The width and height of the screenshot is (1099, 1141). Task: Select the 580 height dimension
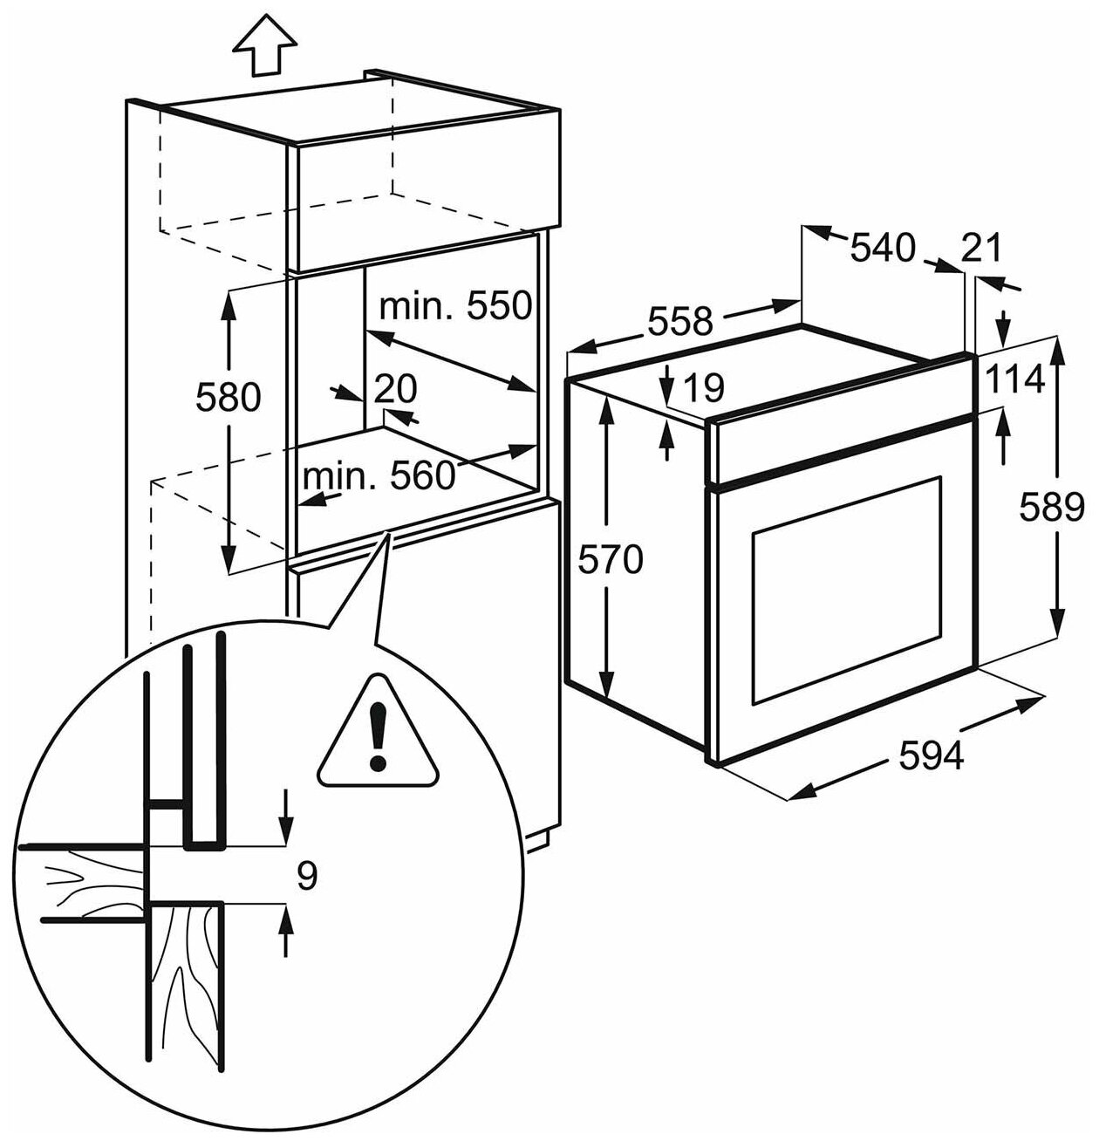click(228, 397)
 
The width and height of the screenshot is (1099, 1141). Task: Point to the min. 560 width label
click(379, 475)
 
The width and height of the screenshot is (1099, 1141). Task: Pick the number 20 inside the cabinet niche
click(395, 388)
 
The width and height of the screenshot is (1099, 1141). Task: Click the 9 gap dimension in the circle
click(305, 875)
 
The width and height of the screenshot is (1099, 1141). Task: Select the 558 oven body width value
click(679, 321)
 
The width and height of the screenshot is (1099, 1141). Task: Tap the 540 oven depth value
click(883, 248)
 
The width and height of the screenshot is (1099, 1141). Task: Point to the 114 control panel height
click(1016, 379)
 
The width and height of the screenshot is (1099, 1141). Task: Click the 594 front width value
click(932, 755)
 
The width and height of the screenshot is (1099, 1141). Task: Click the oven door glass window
click(846, 589)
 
